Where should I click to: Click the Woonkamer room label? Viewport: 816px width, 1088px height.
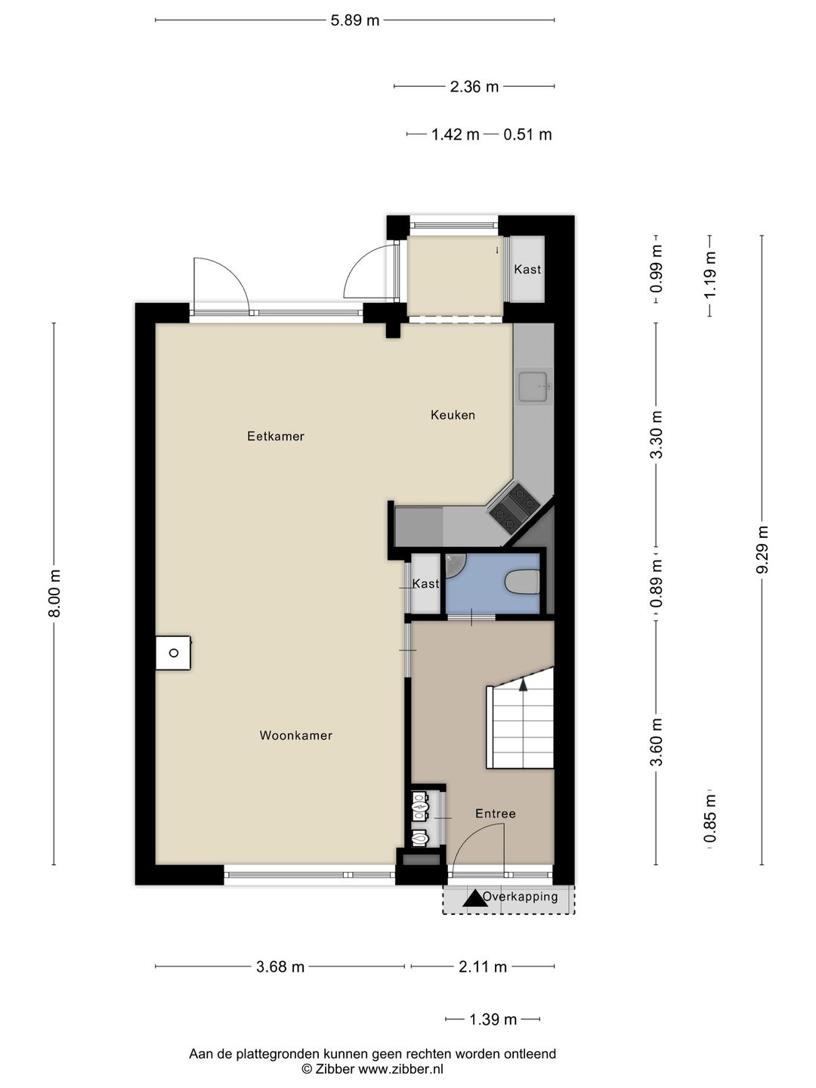(x=295, y=735)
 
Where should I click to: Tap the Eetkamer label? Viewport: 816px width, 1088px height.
(x=276, y=436)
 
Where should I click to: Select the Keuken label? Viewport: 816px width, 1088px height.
(x=453, y=415)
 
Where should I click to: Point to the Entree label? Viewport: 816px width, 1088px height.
(x=496, y=814)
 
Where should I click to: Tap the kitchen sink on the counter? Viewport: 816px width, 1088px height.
(x=534, y=386)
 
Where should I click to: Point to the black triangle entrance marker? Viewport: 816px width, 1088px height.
(x=474, y=898)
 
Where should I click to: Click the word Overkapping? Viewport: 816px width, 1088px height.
(x=521, y=897)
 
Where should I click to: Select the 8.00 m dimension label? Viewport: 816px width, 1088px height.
(x=54, y=593)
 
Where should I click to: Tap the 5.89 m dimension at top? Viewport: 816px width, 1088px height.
(x=355, y=20)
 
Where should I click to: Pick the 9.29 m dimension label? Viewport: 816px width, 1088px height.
(x=762, y=549)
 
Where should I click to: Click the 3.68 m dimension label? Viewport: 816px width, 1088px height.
(x=280, y=966)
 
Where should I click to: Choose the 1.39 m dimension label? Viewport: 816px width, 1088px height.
(x=493, y=1019)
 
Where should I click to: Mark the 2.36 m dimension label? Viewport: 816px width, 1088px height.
(x=474, y=87)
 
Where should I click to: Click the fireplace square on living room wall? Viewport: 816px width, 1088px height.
(x=173, y=653)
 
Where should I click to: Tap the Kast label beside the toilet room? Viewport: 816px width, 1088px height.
(x=425, y=584)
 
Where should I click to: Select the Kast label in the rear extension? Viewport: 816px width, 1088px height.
(x=527, y=269)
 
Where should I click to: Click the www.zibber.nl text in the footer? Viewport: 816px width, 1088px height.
(x=400, y=1069)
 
